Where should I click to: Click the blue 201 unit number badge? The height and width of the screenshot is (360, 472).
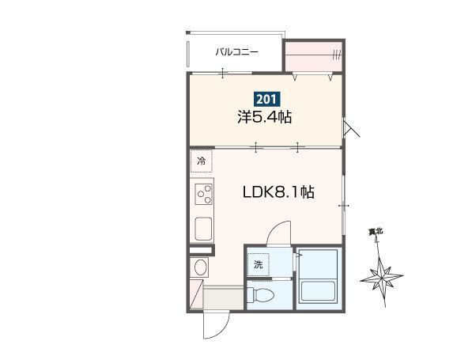266,99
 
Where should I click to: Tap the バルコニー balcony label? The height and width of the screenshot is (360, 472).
237,52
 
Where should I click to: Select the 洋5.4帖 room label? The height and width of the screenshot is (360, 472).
265,117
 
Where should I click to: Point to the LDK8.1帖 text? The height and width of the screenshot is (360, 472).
278,192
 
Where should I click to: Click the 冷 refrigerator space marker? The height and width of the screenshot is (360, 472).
201,161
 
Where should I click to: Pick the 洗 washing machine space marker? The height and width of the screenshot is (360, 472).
259,264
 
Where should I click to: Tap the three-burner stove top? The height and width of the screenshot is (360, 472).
204,194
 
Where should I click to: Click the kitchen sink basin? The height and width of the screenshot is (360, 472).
203,229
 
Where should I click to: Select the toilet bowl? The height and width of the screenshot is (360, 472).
260,294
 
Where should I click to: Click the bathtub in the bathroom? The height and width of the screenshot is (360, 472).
319,290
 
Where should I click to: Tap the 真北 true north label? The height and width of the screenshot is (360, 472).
376,232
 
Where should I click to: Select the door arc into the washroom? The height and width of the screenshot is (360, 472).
277,230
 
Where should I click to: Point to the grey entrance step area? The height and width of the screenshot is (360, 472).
224,298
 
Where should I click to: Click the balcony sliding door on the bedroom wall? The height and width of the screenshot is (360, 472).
222,74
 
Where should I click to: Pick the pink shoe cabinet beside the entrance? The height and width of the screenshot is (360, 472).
195,294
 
